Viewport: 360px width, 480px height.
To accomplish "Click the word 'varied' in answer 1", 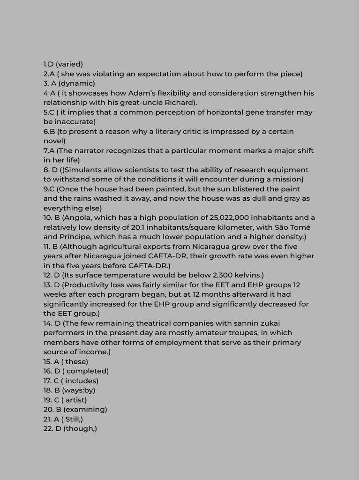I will [69, 64].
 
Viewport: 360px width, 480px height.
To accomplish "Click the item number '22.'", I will [48, 428].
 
